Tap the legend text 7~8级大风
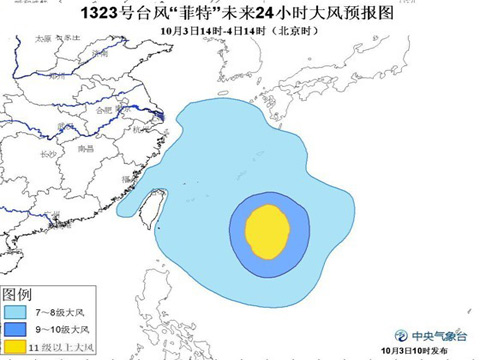click(x=55, y=312)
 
